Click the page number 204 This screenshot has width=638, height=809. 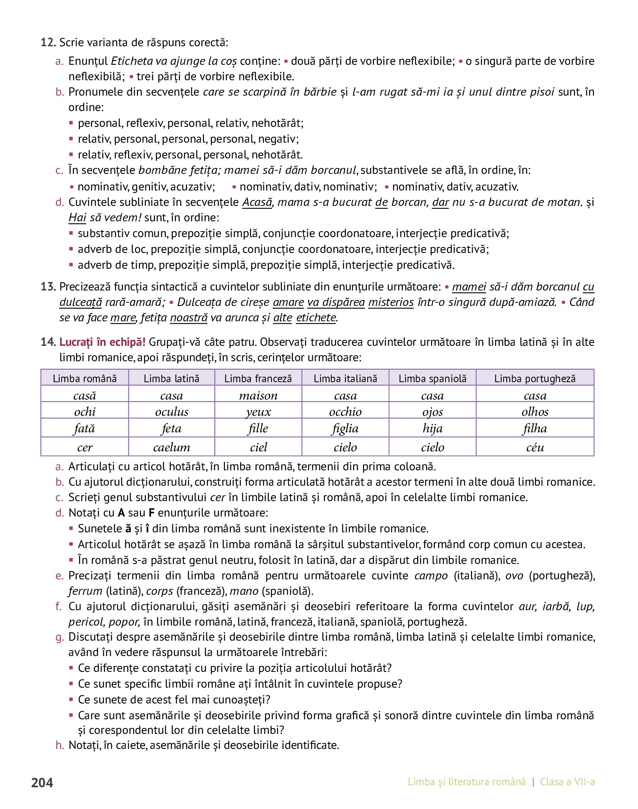[x=42, y=782]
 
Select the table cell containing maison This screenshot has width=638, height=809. [x=258, y=395]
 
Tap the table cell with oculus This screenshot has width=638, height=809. [x=172, y=411]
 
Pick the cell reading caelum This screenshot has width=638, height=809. [x=172, y=447]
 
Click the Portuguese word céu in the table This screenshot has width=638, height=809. [x=535, y=447]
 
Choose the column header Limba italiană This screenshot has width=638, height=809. [x=345, y=378]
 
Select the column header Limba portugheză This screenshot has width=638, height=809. [x=535, y=378]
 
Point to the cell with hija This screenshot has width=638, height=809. [x=432, y=428]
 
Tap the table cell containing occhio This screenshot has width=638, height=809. [x=345, y=411]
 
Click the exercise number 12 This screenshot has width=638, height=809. [x=48, y=42]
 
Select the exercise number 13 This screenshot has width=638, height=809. [x=48, y=287]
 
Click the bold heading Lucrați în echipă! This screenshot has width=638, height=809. [x=102, y=342]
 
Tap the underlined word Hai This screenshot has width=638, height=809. [x=77, y=218]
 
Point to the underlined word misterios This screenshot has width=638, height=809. [x=391, y=302]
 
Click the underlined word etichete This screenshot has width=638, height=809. [x=316, y=318]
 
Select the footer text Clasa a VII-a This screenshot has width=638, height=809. [x=567, y=782]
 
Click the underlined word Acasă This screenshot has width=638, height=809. [x=257, y=202]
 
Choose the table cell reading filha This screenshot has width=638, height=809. [x=535, y=428]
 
